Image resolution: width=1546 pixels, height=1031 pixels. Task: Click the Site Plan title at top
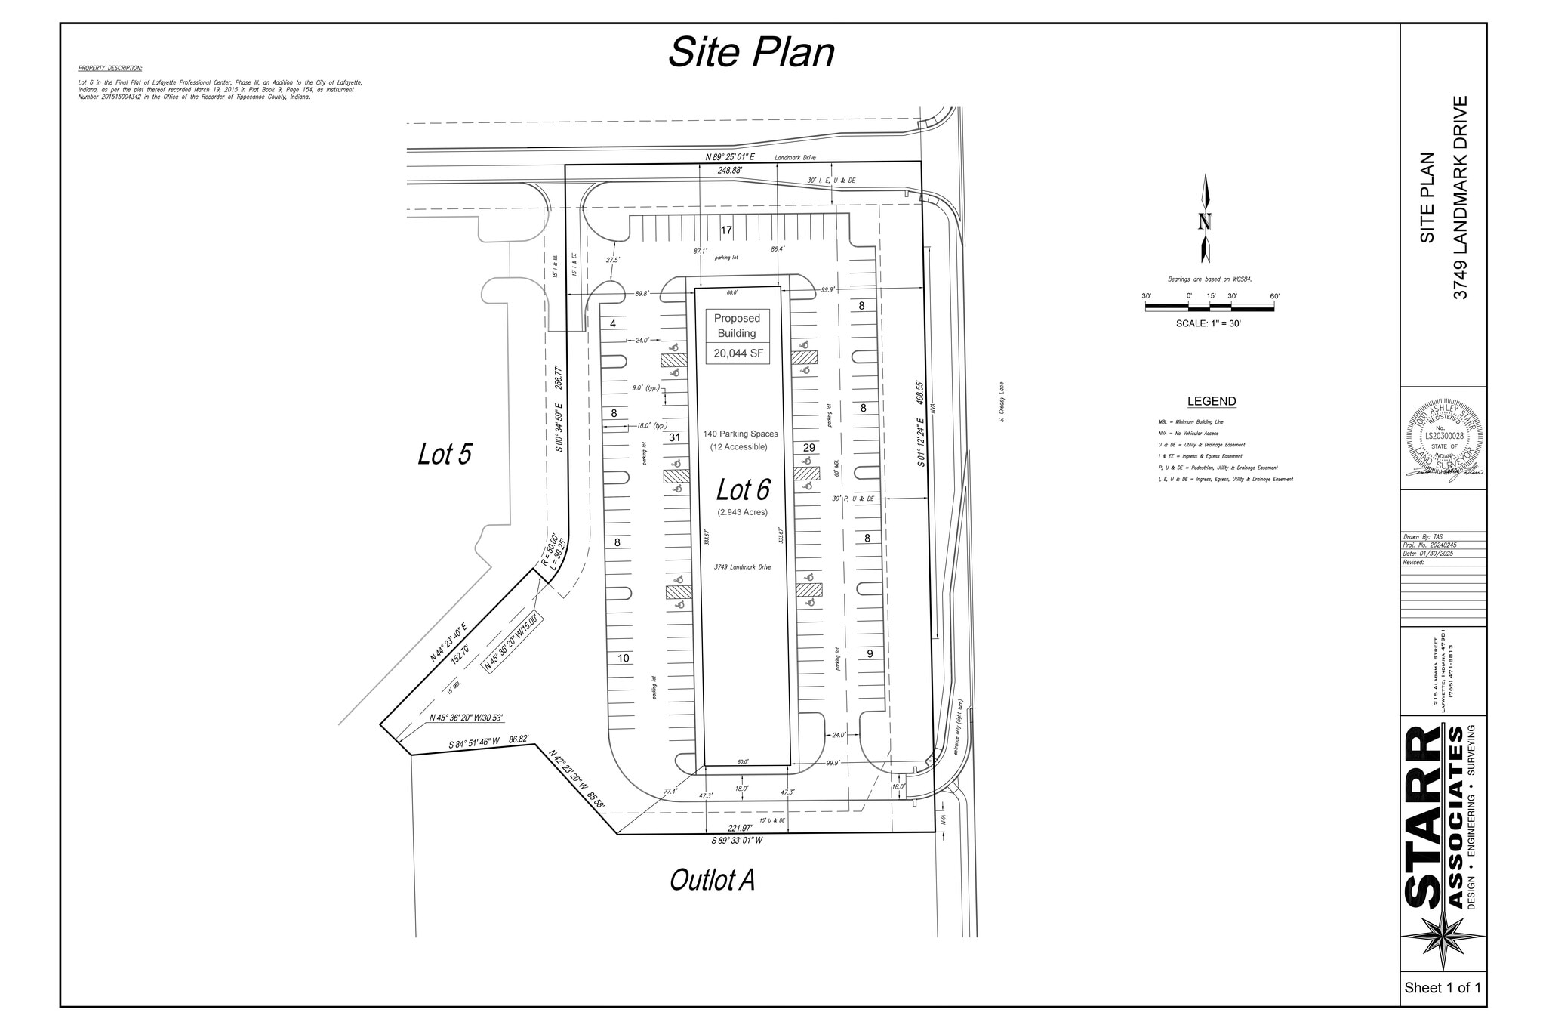tap(751, 53)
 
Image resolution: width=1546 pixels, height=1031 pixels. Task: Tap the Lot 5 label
tap(445, 455)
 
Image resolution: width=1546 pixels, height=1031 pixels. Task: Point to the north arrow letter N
tap(1205, 222)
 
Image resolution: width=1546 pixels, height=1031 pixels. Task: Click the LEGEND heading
tap(1211, 402)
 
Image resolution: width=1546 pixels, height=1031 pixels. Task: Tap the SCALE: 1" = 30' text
tap(1208, 323)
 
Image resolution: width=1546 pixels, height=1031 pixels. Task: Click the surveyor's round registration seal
tap(1443, 439)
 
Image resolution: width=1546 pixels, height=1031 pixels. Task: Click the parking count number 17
tap(726, 230)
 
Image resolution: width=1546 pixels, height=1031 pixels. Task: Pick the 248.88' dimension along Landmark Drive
tap(729, 171)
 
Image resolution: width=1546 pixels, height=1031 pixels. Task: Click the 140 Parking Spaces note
tap(740, 434)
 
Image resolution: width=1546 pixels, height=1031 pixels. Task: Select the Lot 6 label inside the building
tap(743, 490)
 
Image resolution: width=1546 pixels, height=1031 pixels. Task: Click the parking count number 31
tap(675, 437)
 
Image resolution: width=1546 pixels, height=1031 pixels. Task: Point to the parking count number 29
tap(808, 448)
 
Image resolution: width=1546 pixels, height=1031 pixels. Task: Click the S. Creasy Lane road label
tap(1001, 402)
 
